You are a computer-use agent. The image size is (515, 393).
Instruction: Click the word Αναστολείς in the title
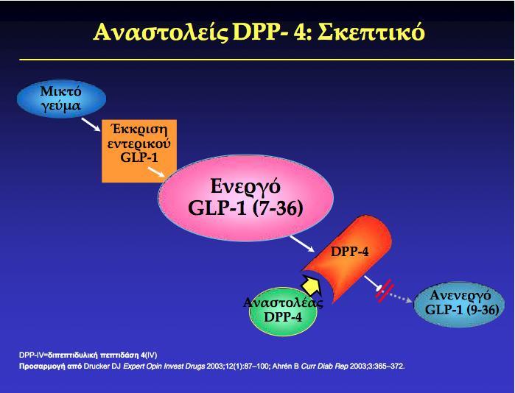pos(161,32)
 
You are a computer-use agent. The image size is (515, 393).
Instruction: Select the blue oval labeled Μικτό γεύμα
pos(61,99)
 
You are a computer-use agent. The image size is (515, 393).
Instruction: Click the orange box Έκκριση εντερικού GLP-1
pos(139,151)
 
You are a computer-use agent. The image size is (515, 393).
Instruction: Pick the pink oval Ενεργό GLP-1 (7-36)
pos(245,197)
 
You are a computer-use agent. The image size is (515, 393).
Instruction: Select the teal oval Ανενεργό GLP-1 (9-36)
pos(460,304)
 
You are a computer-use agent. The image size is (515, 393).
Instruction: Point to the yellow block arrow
pos(312,285)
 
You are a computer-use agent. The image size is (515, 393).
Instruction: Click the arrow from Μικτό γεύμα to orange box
pos(91,124)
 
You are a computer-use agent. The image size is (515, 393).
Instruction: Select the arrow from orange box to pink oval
pos(156,172)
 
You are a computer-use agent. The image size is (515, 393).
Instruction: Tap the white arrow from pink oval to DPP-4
pos(302,244)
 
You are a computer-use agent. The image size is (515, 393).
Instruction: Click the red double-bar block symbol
pos(385,291)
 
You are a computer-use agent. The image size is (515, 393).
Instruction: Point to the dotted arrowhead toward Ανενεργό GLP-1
pos(409,300)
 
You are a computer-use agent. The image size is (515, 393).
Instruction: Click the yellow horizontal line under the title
pos(267,60)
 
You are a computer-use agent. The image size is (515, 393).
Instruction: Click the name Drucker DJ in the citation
pos(102,366)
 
